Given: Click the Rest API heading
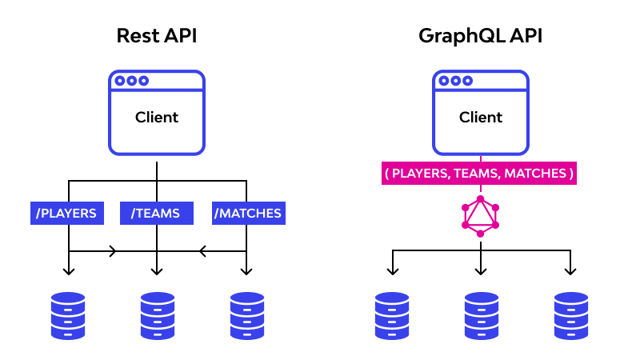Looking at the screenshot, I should (x=156, y=36).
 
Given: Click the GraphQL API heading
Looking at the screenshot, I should (x=480, y=36).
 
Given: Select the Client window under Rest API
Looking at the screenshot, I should (x=157, y=113).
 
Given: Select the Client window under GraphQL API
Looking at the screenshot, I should (x=480, y=113).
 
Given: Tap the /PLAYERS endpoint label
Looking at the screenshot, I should (x=67, y=214).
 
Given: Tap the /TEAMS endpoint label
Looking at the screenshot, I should (x=157, y=214).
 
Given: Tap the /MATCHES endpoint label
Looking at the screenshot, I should (x=248, y=214).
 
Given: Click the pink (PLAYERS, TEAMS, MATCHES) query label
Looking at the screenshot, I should (x=479, y=174).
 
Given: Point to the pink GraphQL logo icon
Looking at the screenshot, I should (x=480, y=216).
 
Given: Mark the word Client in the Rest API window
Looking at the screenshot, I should (x=157, y=118).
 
